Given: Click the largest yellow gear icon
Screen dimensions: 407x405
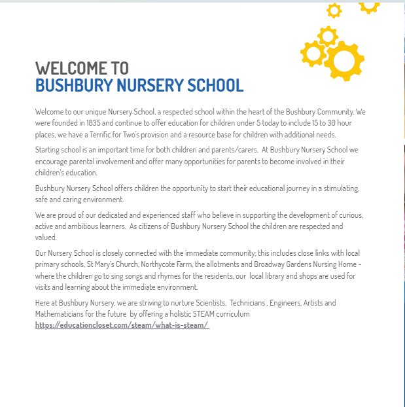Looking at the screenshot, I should (343, 60).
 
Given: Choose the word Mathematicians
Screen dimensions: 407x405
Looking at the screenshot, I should (65, 315).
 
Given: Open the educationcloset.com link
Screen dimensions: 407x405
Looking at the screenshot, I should (122, 325).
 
